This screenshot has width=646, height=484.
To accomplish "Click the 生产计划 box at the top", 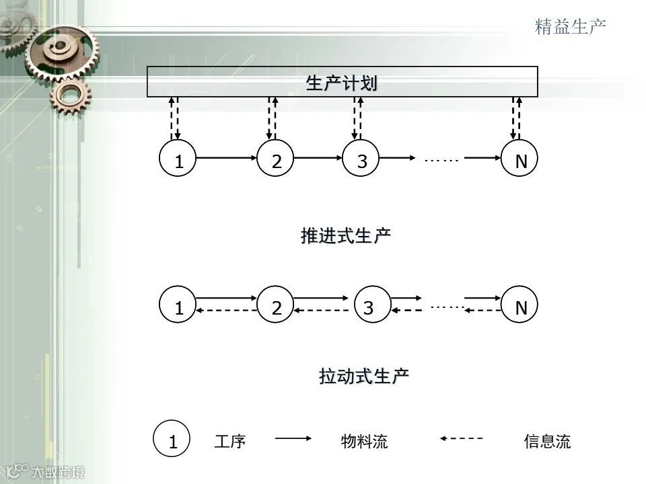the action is click(x=342, y=82).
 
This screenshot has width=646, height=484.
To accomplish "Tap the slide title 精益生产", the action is click(x=571, y=26).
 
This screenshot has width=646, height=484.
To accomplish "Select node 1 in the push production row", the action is click(x=178, y=160).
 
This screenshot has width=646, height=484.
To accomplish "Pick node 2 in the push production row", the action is click(x=276, y=160).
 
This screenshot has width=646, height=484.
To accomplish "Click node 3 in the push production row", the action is click(x=362, y=160).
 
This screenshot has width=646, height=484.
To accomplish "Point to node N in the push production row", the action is click(x=520, y=160).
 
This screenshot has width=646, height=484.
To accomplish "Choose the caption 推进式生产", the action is click(x=345, y=236).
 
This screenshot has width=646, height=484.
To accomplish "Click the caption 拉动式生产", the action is click(x=363, y=376).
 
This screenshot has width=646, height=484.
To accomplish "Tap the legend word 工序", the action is click(x=230, y=441).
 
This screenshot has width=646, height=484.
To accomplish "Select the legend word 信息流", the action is click(x=547, y=441).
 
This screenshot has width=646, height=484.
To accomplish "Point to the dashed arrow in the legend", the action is click(x=462, y=438).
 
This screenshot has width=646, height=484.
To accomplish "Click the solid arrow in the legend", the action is click(x=293, y=438).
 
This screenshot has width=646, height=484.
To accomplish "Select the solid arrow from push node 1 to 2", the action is click(x=227, y=158).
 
